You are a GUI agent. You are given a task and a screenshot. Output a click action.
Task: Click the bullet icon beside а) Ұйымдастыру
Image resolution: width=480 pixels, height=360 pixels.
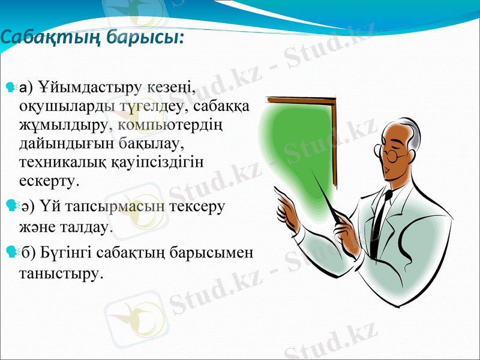9,89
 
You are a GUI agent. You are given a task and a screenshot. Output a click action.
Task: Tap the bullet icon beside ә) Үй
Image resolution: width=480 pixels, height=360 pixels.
9,206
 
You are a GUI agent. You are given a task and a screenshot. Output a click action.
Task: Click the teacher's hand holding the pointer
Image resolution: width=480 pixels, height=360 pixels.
347,230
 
